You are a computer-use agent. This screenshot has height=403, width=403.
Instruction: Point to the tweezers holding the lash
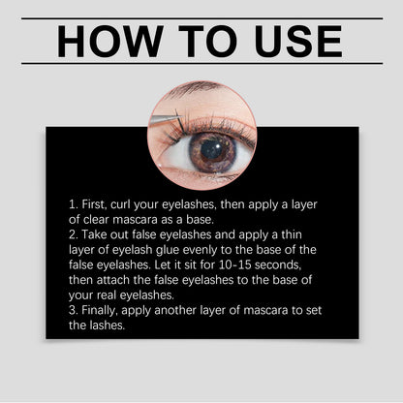coord(167,120)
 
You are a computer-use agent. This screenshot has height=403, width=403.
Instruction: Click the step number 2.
coord(74,236)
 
